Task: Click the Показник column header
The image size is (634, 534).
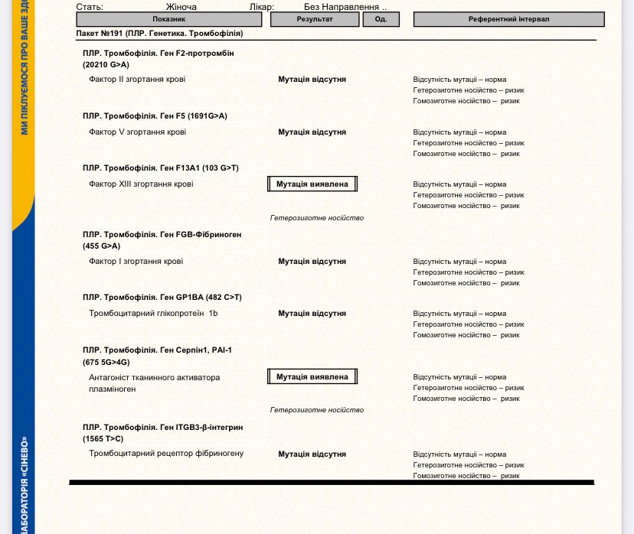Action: [168, 19]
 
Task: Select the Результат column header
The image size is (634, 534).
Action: [314, 19]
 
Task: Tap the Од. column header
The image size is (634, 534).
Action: [381, 19]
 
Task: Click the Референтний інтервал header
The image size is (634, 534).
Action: [508, 19]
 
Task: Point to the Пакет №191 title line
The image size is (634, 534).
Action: [159, 34]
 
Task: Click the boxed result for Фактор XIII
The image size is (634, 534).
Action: [312, 184]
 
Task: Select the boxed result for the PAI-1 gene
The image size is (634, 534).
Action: [312, 376]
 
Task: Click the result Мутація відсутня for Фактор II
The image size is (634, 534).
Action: [312, 80]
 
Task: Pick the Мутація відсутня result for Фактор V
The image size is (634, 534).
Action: [312, 132]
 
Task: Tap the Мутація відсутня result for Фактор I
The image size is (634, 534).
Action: [312, 262]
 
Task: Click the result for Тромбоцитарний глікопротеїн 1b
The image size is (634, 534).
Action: [312, 314]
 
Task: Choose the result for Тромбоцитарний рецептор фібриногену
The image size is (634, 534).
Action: [312, 454]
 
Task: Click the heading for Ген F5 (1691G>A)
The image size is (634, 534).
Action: [155, 116]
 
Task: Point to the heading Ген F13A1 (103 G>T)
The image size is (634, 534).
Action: [161, 168]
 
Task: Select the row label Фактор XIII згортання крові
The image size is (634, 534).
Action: [141, 184]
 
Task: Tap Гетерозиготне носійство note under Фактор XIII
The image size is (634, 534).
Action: [317, 218]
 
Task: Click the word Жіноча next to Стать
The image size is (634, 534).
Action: [181, 7]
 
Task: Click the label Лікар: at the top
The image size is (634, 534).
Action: [262, 7]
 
